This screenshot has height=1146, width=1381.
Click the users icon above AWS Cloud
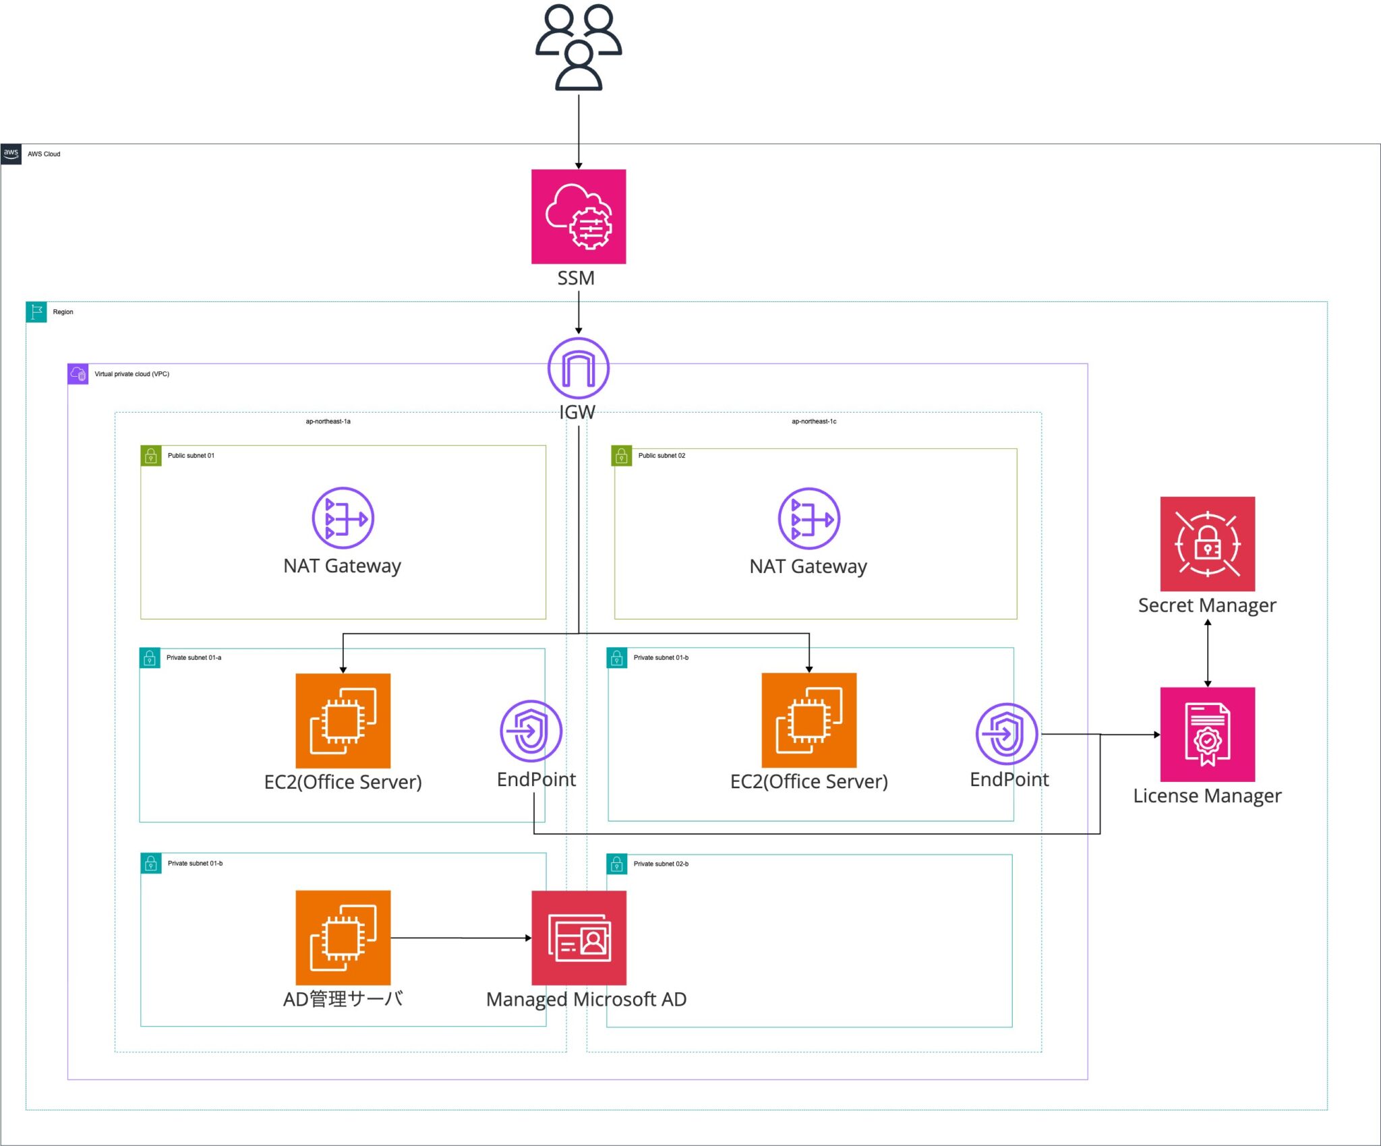tap(579, 47)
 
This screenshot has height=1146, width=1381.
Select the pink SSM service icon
tap(579, 216)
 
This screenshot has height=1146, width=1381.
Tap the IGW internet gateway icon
tap(579, 368)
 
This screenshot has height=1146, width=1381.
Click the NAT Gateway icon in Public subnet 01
tap(343, 518)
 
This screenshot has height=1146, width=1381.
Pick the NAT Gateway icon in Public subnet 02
tap(809, 518)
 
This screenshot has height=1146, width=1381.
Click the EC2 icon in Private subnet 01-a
tap(343, 720)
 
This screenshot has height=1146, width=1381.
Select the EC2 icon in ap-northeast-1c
tap(809, 720)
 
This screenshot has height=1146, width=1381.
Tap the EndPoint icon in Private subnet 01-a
tap(531, 731)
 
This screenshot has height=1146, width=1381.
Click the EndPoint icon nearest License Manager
tap(1006, 733)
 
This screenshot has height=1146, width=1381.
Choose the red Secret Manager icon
tap(1207, 543)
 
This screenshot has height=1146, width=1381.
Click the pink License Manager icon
tap(1207, 734)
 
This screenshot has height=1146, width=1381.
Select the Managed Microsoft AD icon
tap(579, 938)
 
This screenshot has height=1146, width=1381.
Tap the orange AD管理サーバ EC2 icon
tap(343, 938)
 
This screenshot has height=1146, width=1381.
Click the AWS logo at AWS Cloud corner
tap(11, 154)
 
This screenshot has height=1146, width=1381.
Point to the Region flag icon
tap(36, 312)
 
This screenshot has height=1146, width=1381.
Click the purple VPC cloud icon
tap(78, 374)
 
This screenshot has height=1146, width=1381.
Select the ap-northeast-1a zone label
tap(328, 421)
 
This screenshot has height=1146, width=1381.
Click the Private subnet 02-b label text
tap(661, 864)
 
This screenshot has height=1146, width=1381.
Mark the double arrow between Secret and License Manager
tap(1207, 653)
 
